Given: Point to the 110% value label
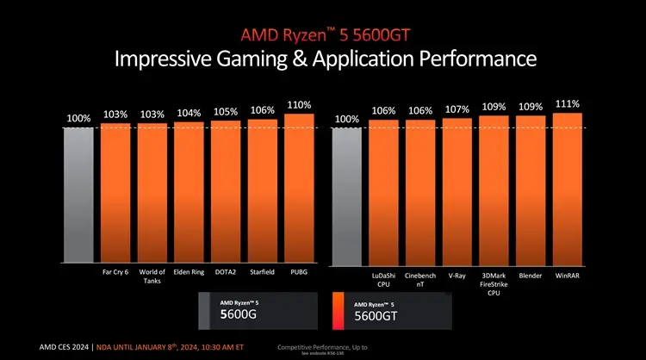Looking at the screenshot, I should point(299,105).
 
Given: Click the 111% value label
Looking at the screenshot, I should point(568,103).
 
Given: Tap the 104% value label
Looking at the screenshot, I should point(189,113).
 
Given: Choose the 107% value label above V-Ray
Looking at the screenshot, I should point(457,109).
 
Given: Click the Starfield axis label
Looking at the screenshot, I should point(262,271).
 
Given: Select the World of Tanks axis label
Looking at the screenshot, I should point(152,276).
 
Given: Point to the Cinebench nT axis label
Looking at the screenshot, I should point(420,280).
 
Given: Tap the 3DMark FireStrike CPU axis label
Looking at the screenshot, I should point(494,284).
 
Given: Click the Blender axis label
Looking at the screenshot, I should point(531,276).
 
